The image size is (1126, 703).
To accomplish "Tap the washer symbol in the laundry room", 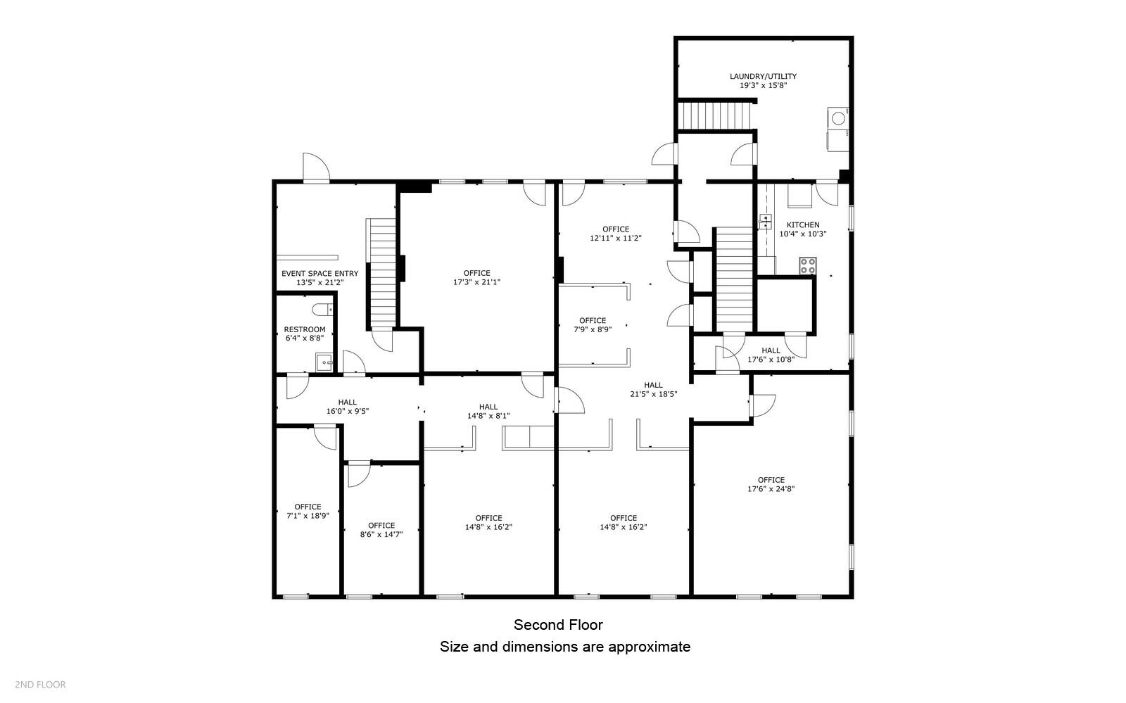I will click(838, 118).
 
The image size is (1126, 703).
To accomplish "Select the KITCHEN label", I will click(802, 225).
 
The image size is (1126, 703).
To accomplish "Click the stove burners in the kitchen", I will click(807, 266).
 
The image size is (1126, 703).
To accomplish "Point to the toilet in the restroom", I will click(322, 310).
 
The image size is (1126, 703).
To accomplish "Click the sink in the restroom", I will click(324, 362).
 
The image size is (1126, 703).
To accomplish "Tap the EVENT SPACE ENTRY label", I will click(320, 274).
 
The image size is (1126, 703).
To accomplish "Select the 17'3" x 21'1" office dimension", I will click(476, 282).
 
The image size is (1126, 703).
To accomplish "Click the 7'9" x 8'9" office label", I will click(592, 329).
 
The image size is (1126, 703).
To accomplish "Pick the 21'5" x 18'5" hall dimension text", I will click(653, 394).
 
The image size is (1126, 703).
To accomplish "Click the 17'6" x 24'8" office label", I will click(771, 489).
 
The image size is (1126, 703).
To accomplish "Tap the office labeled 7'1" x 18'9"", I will click(308, 515).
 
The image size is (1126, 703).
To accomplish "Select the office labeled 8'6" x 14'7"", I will click(381, 534).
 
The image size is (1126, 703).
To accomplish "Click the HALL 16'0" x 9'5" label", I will click(347, 407).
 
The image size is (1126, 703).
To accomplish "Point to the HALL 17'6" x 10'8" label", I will click(770, 355).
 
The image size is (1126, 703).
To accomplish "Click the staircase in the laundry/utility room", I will click(715, 115).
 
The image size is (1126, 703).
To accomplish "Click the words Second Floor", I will click(558, 625).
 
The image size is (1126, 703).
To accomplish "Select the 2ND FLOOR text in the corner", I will click(40, 684).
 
